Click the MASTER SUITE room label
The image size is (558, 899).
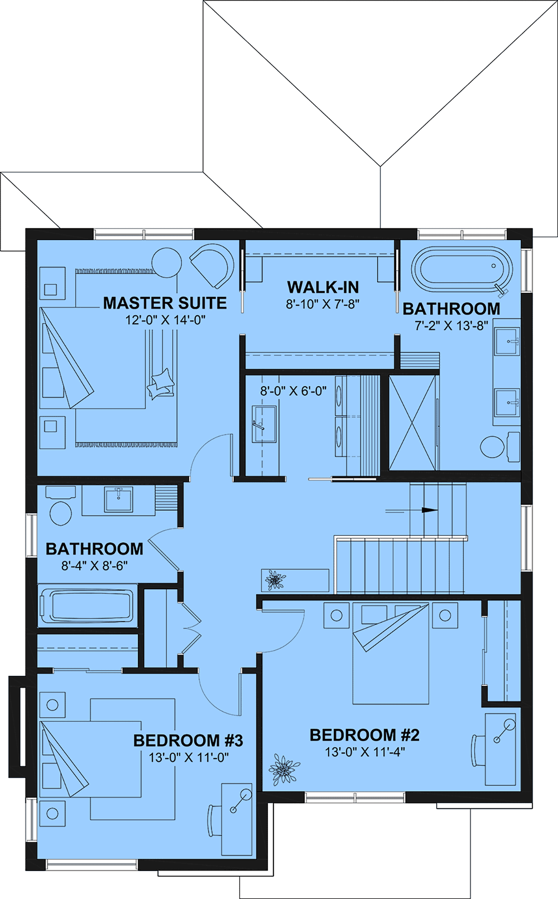[165, 303]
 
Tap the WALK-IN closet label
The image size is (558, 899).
[323, 287]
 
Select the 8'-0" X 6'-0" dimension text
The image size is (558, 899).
[293, 391]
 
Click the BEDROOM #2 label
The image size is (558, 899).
[365, 735]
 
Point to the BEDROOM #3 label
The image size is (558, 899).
[188, 740]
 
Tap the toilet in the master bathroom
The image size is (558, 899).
[500, 447]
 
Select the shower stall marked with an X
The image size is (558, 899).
[413, 423]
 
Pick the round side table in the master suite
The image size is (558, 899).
[166, 263]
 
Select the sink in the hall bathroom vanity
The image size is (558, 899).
[118, 499]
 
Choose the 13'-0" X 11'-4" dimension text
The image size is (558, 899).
[365, 752]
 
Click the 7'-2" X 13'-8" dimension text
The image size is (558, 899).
[451, 326]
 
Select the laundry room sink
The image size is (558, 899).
[264, 424]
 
